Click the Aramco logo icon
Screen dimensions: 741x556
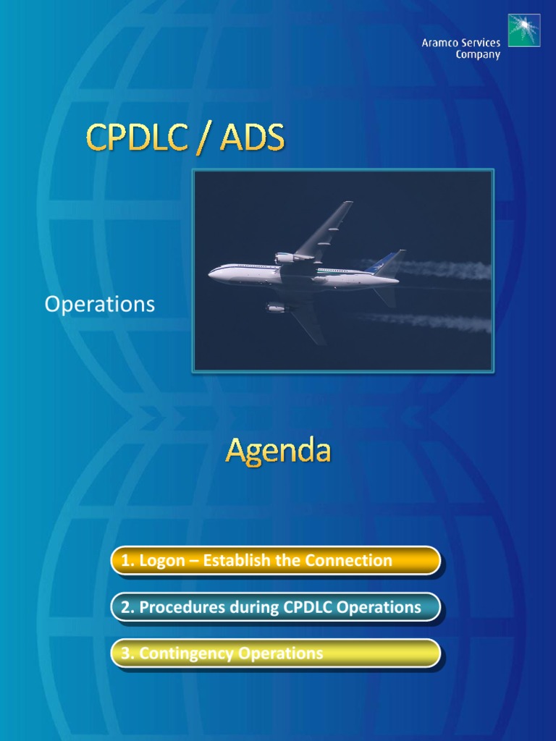click(523, 30)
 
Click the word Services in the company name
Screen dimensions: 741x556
click(479, 43)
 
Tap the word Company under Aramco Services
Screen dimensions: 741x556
click(478, 56)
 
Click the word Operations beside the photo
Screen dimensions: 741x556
click(100, 305)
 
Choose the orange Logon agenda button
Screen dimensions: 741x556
click(275, 561)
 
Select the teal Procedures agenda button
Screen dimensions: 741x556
click(275, 607)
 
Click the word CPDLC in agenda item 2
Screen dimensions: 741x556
click(303, 607)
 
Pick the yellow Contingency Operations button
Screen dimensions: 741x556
click(275, 653)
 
